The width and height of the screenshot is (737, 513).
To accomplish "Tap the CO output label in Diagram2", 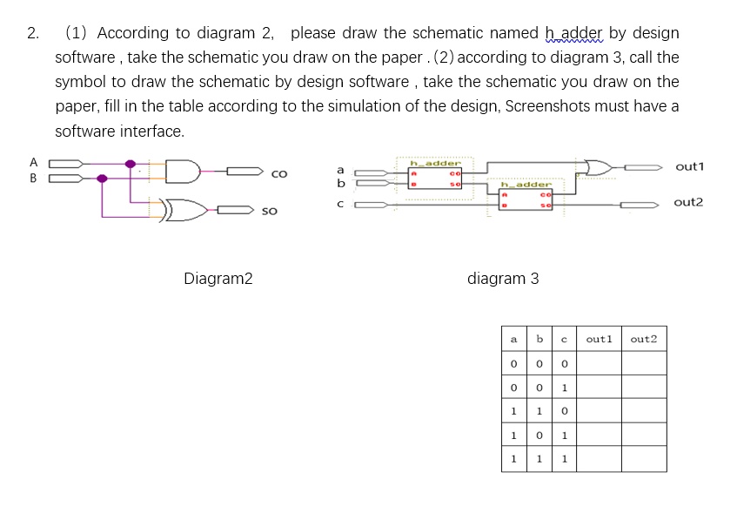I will click(279, 174).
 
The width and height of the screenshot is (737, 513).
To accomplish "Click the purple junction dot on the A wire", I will click(131, 163).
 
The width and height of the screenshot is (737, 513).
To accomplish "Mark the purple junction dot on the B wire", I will click(103, 178).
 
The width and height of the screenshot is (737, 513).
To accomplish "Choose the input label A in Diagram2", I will click(34, 162).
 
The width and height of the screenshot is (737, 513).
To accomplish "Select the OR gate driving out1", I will click(600, 166).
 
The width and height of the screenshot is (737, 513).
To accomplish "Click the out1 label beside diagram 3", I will click(689, 166).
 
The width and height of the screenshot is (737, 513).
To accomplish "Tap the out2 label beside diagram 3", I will click(689, 202).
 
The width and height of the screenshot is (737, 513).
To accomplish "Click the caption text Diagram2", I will click(218, 279).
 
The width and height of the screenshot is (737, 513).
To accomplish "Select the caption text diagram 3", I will click(503, 279).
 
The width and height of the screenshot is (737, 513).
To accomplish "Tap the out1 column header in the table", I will click(600, 339).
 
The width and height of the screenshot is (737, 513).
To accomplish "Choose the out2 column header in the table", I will click(644, 339).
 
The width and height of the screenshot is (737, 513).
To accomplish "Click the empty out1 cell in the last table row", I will click(600, 459).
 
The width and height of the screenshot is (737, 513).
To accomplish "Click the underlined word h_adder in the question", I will click(573, 33).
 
